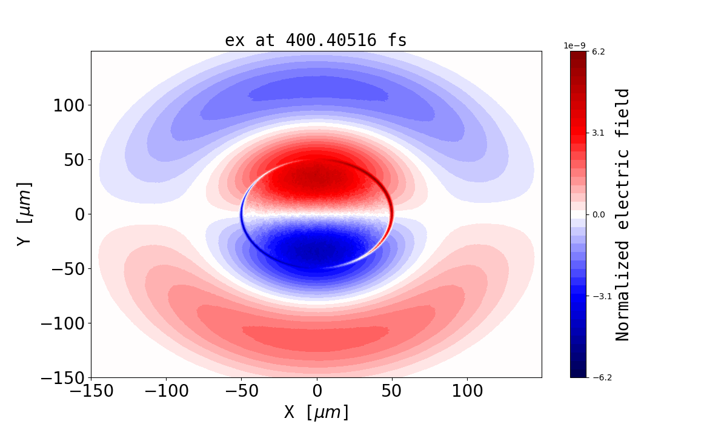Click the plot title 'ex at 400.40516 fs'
tap(316, 40)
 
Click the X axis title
tap(316, 412)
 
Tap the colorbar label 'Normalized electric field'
tap(623, 214)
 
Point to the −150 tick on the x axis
tap(91, 391)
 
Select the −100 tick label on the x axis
tap(166, 391)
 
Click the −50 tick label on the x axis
tap(241, 391)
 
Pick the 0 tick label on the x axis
tap(316, 391)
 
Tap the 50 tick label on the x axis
tap(391, 391)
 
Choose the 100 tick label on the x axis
tap(466, 391)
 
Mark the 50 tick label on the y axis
tap(74, 160)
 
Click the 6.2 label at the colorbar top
tap(598, 51)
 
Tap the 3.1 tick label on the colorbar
tap(598, 133)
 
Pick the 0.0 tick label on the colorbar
tap(598, 214)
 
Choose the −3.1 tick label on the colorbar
tap(600, 296)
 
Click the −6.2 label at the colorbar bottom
tap(600, 377)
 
